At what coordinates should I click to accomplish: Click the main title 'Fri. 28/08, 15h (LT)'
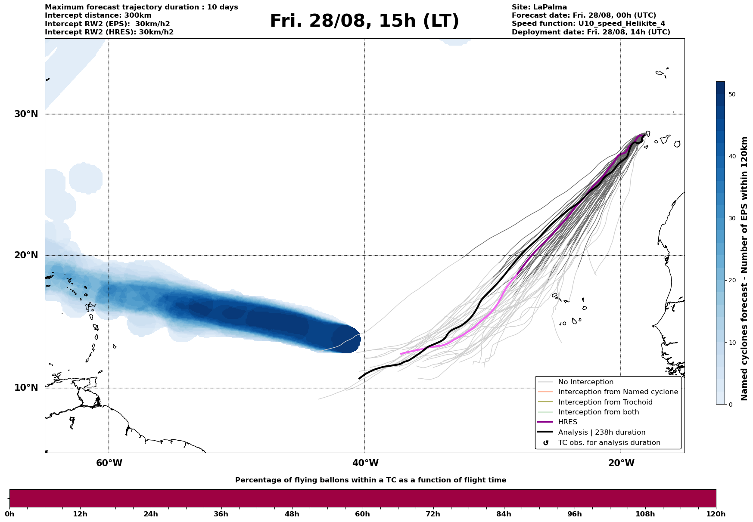tap(364, 21)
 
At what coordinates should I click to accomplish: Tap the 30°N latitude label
tap(26, 114)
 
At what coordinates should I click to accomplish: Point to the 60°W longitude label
tap(109, 463)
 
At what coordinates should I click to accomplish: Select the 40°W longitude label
tap(365, 463)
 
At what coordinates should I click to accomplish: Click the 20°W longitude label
tap(621, 463)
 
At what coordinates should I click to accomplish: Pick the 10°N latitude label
tap(26, 388)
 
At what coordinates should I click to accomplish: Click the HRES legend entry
tap(567, 422)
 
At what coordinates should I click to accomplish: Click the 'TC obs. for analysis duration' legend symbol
tap(546, 443)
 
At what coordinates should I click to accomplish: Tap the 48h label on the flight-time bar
tap(292, 514)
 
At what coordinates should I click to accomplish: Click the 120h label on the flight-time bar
tap(716, 514)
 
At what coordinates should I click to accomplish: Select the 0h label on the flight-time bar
tap(9, 514)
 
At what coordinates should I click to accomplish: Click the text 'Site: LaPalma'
tap(539, 7)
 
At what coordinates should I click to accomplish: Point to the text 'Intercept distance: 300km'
tap(98, 15)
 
